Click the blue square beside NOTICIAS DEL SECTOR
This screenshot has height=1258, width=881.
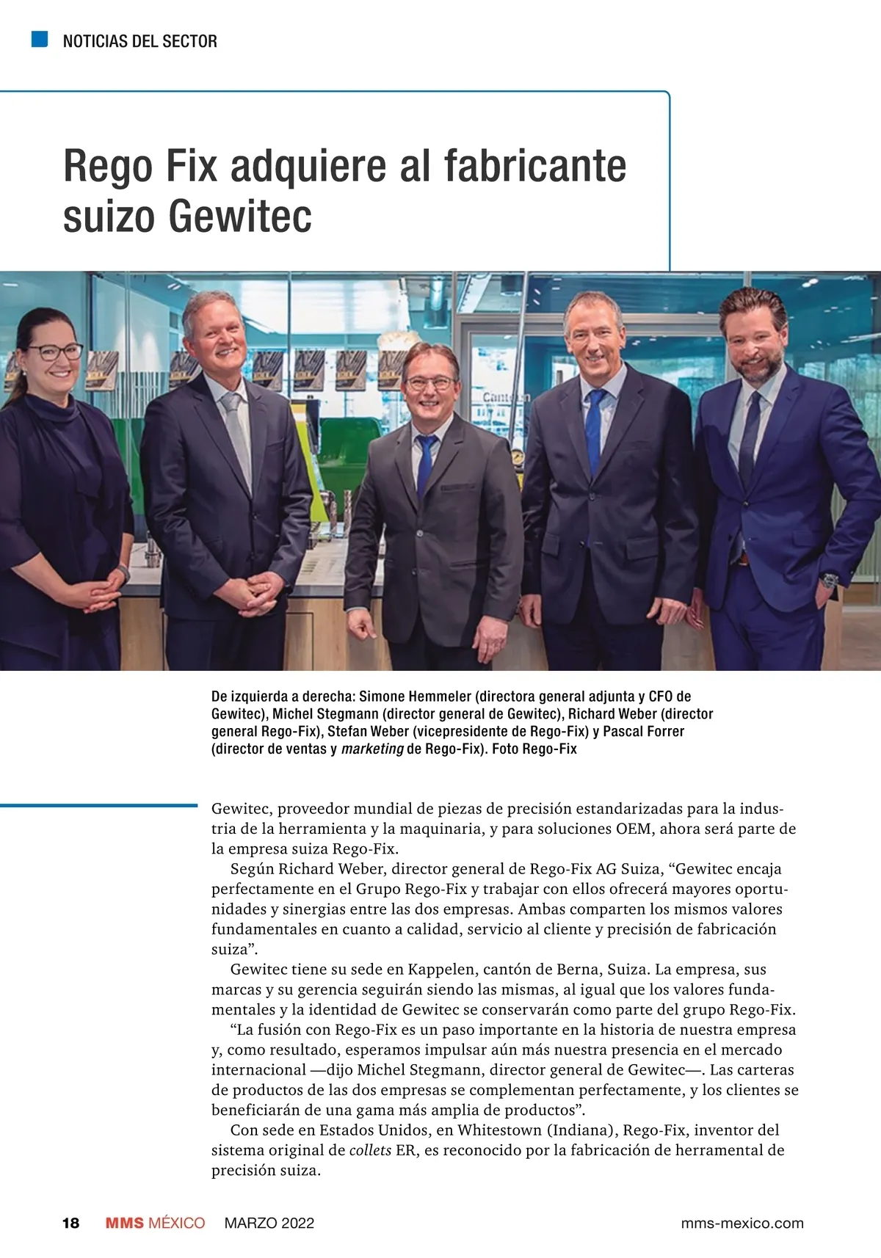click(40, 39)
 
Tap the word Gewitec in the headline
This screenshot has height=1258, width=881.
click(239, 217)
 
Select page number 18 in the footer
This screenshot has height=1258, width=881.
click(70, 1223)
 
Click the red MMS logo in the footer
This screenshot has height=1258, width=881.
click(125, 1223)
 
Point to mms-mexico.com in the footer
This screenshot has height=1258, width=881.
click(742, 1223)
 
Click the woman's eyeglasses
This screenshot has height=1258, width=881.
click(56, 352)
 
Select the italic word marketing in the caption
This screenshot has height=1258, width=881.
click(372, 749)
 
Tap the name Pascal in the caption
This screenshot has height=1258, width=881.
click(624, 731)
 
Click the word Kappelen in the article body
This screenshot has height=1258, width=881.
click(441, 969)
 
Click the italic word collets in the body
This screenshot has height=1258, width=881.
click(370, 1149)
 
